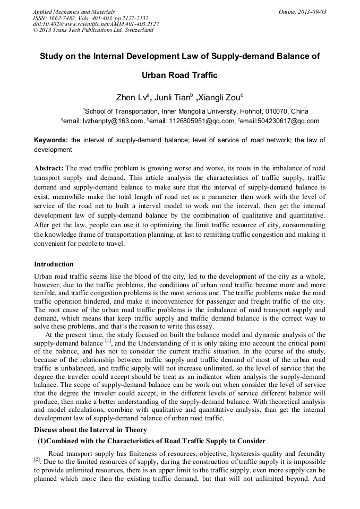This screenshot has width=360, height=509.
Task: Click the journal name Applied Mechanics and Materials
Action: point(74,11)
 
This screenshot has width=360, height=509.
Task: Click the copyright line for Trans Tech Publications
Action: point(93,30)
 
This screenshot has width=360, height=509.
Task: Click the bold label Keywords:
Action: point(51,140)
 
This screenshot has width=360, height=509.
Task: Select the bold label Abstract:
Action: point(49,167)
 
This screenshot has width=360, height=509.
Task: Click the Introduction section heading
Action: point(54,264)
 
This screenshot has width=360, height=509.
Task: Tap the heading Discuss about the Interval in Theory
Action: point(90,430)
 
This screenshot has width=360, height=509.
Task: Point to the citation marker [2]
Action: point(37,459)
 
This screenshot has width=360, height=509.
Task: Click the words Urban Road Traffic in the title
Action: point(180,75)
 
